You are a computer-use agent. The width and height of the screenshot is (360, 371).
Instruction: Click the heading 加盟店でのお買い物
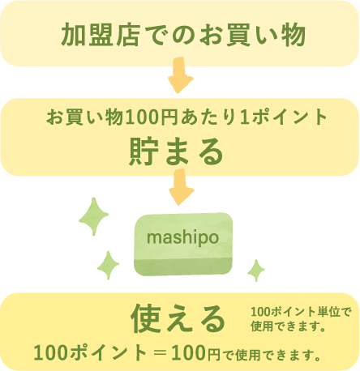(x=183, y=35)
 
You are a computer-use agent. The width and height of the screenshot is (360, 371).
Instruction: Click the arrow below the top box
(x=180, y=75)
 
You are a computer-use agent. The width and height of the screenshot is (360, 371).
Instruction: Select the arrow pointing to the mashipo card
(x=181, y=187)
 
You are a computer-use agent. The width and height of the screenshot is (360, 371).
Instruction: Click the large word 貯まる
(x=176, y=151)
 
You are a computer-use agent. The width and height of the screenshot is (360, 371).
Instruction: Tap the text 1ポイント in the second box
(x=283, y=117)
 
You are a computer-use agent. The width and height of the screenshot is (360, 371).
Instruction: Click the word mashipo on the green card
(x=182, y=237)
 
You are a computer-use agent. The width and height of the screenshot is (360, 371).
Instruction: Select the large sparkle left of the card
(x=94, y=216)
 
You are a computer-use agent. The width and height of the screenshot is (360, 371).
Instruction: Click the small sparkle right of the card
(x=256, y=271)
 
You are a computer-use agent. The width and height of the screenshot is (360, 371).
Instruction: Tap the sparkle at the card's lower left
(x=108, y=265)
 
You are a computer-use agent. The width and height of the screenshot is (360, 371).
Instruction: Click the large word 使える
(x=178, y=318)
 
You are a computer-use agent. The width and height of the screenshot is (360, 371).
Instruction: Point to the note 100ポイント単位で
(x=301, y=312)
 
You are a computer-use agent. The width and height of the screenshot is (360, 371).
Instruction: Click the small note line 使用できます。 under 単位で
(x=288, y=326)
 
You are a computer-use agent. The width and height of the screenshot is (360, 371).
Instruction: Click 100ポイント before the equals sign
(x=90, y=353)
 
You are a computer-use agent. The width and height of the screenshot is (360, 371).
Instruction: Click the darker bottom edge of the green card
(x=183, y=267)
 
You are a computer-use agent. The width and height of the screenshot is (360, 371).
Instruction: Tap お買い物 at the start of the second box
(x=84, y=117)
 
